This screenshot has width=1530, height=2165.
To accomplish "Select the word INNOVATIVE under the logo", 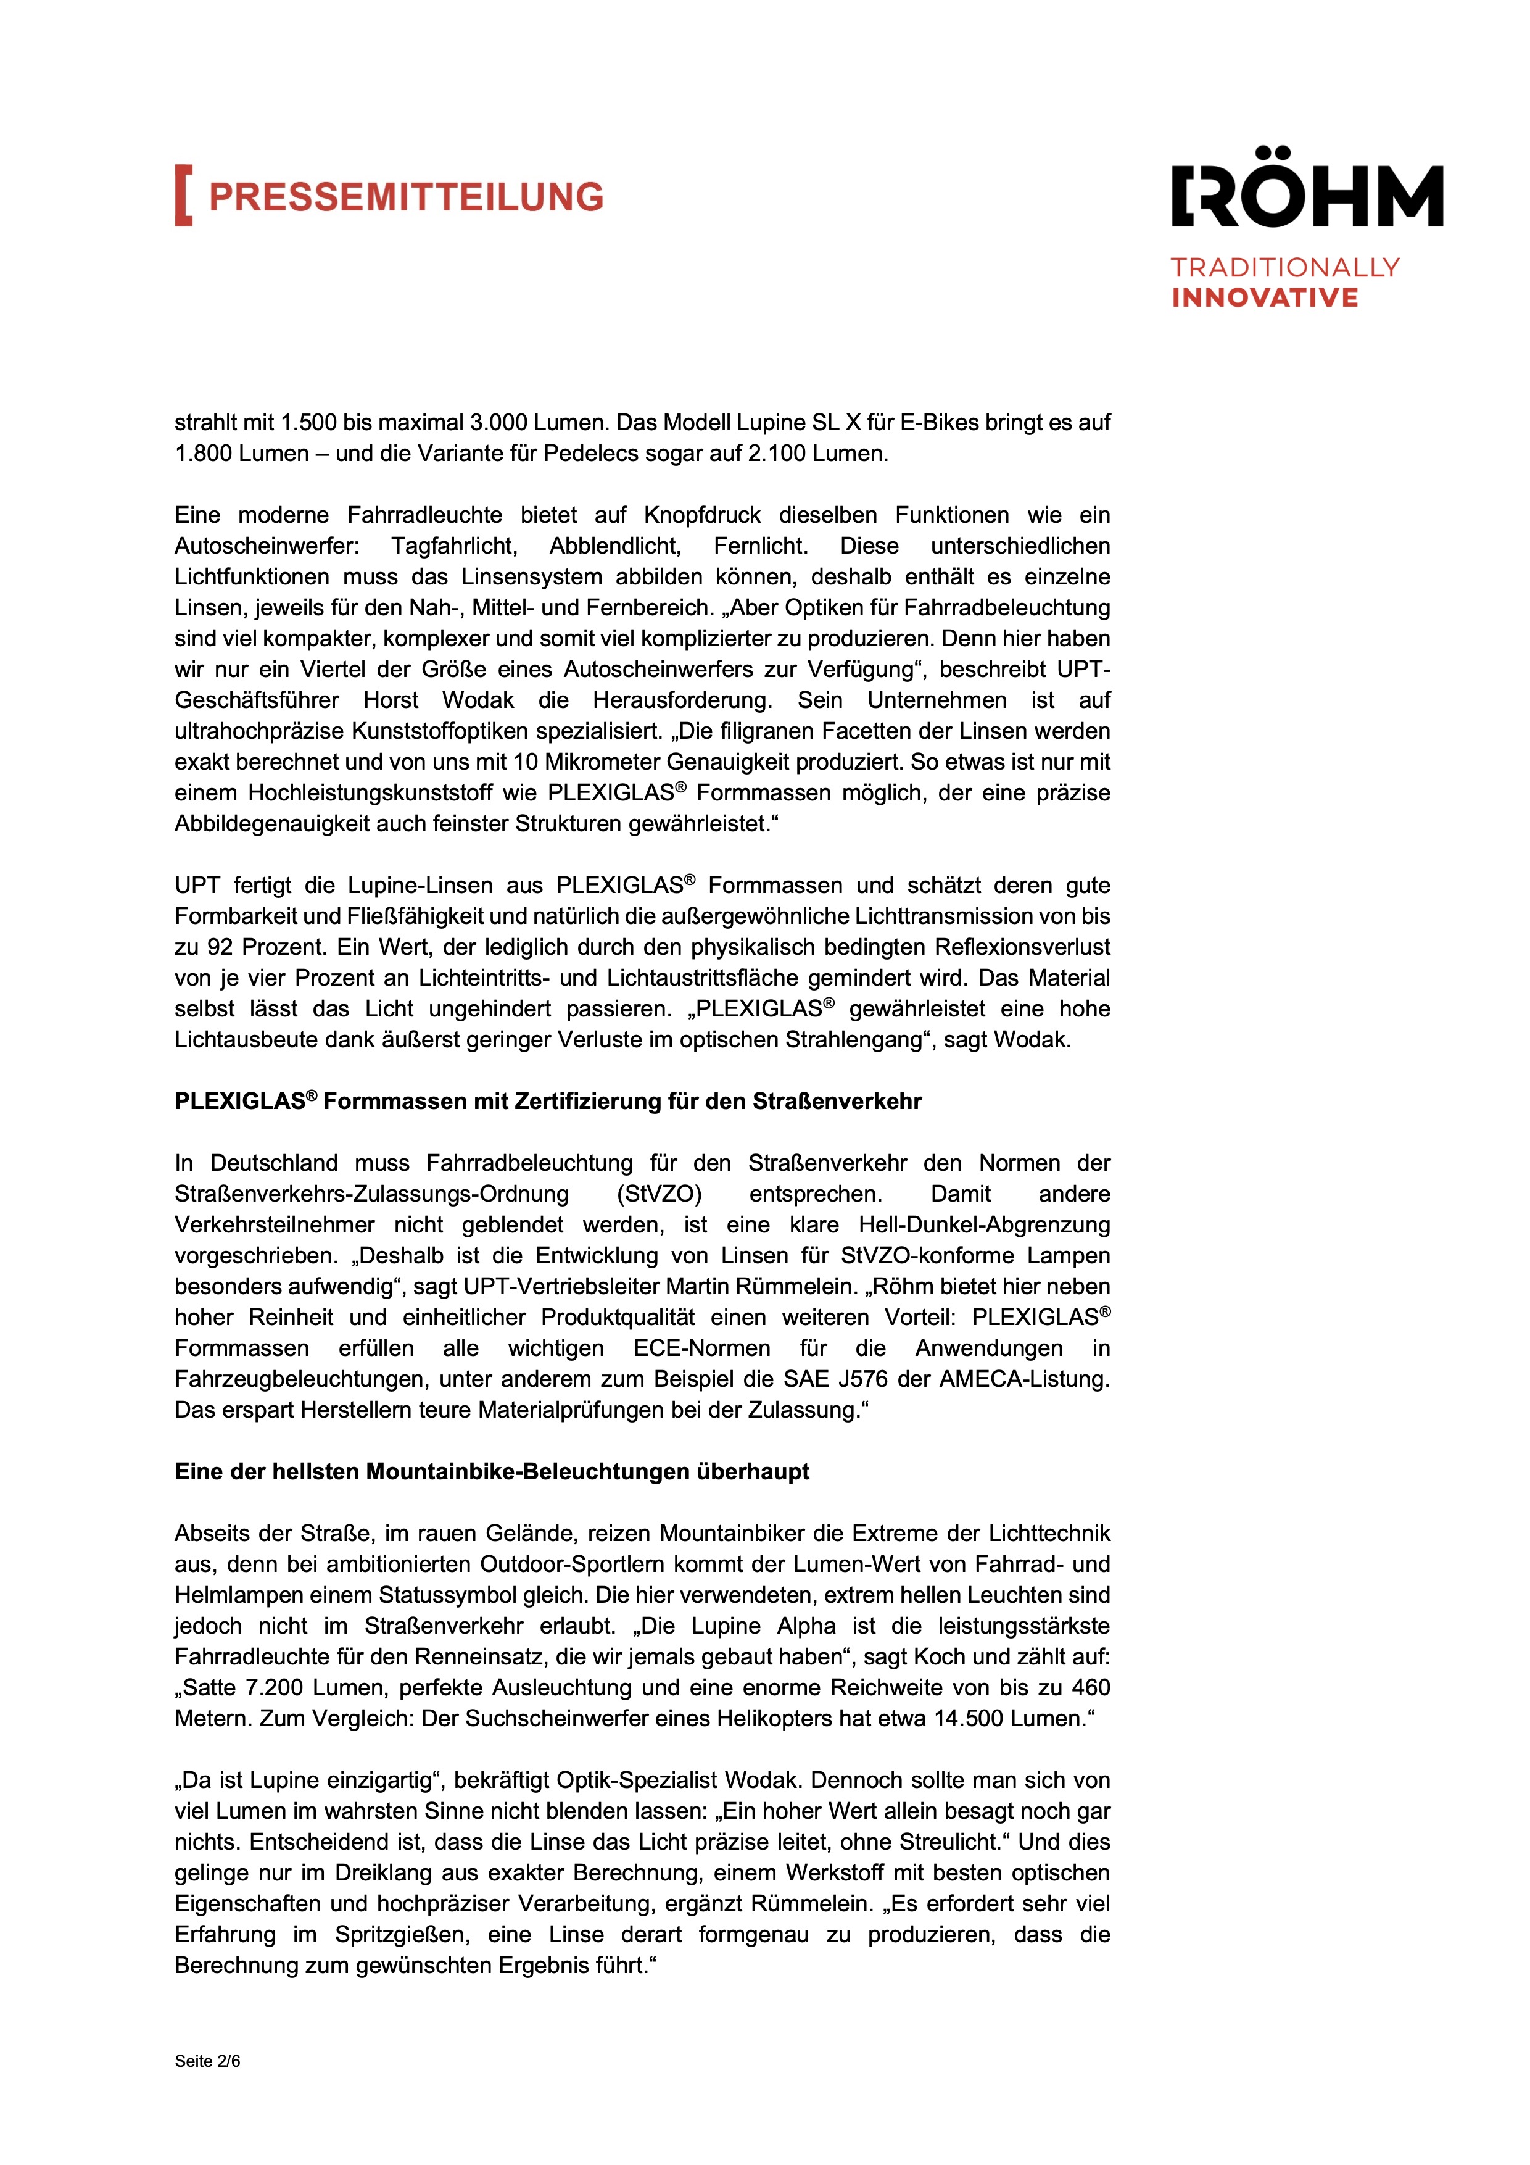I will (1264, 298).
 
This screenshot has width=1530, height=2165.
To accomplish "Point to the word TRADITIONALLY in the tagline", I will (1285, 268).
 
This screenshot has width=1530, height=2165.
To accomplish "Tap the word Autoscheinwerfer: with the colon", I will (267, 546).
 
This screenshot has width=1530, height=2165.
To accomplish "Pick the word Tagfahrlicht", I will (455, 546).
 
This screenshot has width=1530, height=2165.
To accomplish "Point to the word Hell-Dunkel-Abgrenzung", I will (984, 1225).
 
